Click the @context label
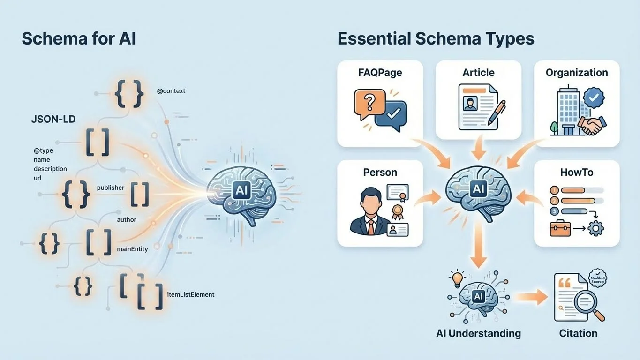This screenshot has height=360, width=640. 171,91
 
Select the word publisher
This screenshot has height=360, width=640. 111,187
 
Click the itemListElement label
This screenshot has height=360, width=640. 191,294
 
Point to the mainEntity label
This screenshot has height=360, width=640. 132,249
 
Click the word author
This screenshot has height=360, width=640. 127,219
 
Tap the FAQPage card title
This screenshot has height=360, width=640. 380,73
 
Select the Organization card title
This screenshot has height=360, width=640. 577,73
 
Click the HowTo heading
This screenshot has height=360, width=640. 577,172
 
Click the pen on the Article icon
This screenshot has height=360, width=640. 496,112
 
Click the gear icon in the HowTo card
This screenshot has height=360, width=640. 596,229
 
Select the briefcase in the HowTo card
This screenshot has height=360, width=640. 560,229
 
